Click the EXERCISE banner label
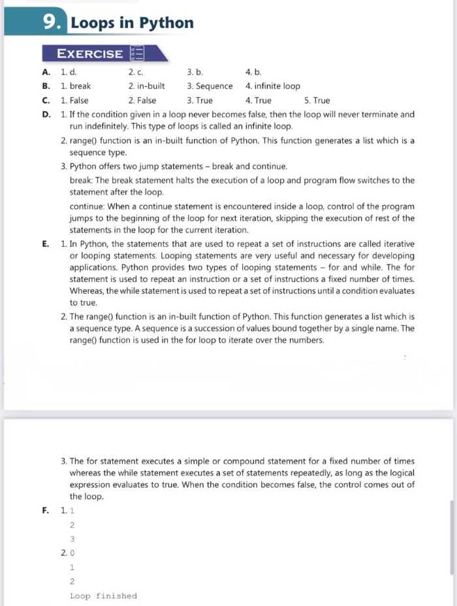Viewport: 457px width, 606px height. coord(89,54)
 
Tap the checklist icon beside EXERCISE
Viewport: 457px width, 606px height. coord(137,54)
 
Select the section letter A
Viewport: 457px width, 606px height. coord(46,72)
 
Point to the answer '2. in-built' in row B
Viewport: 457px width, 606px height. coord(146,86)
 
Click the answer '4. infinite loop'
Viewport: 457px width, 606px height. coord(272,86)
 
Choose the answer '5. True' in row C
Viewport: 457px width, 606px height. coord(317,101)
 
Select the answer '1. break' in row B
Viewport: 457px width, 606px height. coord(76,86)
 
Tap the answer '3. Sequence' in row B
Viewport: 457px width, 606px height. coord(210,86)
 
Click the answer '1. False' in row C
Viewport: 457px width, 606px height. coord(74,101)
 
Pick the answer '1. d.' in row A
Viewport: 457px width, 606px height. coord(69,72)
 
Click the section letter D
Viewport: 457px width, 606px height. coord(46,115)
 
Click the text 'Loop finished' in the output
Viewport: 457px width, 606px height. coord(103,596)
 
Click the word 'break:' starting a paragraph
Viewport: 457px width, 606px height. coord(82,180)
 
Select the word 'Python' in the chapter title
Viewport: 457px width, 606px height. coord(167,23)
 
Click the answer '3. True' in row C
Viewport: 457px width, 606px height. coord(200,101)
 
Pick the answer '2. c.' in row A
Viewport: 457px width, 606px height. coord(136,72)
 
